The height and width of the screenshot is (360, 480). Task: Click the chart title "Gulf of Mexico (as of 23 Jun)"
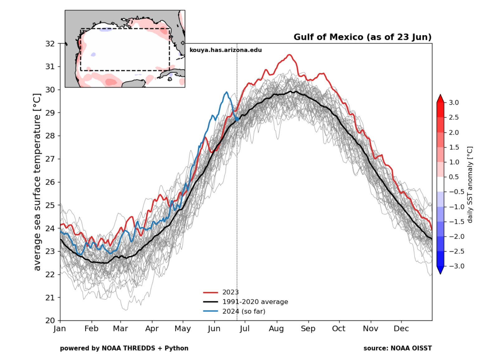(362, 37)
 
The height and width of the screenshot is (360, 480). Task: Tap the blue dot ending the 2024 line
(237, 119)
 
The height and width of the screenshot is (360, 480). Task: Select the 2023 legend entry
(230, 292)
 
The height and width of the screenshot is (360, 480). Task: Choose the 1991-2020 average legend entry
(255, 302)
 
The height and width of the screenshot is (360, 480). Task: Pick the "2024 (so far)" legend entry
(243, 311)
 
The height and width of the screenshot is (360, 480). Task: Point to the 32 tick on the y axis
(50, 44)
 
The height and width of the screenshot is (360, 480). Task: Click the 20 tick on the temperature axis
(50, 320)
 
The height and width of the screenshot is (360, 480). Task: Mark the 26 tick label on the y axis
(50, 182)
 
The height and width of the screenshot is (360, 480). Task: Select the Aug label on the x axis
(276, 329)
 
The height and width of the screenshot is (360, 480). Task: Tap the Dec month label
(401, 329)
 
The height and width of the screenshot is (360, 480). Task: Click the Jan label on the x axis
(60, 329)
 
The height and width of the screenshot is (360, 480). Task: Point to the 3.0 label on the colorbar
(454, 103)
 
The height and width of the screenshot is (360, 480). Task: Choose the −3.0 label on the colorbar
(457, 266)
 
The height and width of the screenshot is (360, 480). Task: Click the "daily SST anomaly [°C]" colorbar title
(470, 185)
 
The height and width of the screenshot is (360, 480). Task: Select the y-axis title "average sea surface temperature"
(37, 182)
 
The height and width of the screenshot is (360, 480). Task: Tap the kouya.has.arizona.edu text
(226, 50)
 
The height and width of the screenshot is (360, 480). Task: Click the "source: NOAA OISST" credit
(397, 348)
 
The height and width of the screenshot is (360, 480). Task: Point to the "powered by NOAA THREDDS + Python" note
(124, 348)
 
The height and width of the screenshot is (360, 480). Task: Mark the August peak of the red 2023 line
(290, 55)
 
